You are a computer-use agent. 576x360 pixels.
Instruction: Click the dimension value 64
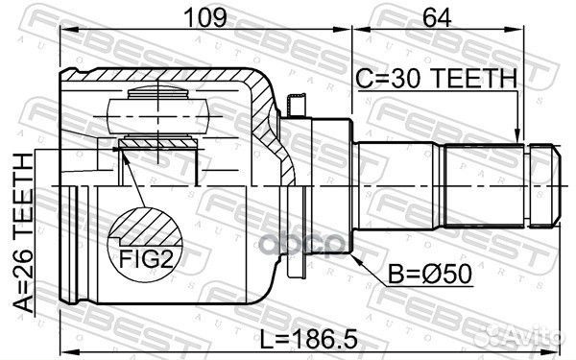coord(441,16)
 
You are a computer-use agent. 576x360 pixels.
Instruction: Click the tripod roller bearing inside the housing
coord(158,109)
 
